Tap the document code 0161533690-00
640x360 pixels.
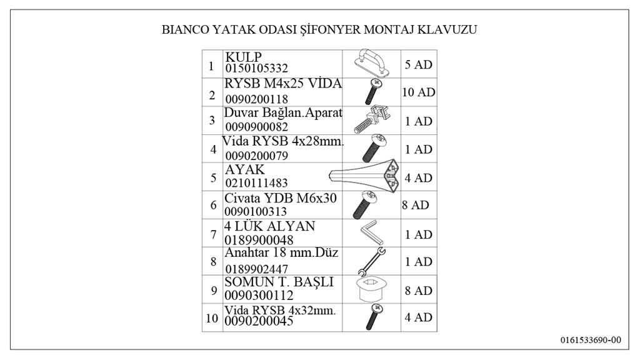point(590,340)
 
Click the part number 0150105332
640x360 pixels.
point(257,68)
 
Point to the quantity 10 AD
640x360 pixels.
point(418,92)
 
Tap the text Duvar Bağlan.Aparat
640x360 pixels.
point(284,113)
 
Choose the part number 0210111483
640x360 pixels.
point(257,182)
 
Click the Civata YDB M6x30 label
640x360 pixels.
point(281,198)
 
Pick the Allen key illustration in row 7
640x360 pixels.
point(371,234)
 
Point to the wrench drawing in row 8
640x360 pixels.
point(371,262)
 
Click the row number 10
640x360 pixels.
point(212,318)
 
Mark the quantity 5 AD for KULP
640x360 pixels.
point(418,64)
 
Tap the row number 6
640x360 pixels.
point(212,206)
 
